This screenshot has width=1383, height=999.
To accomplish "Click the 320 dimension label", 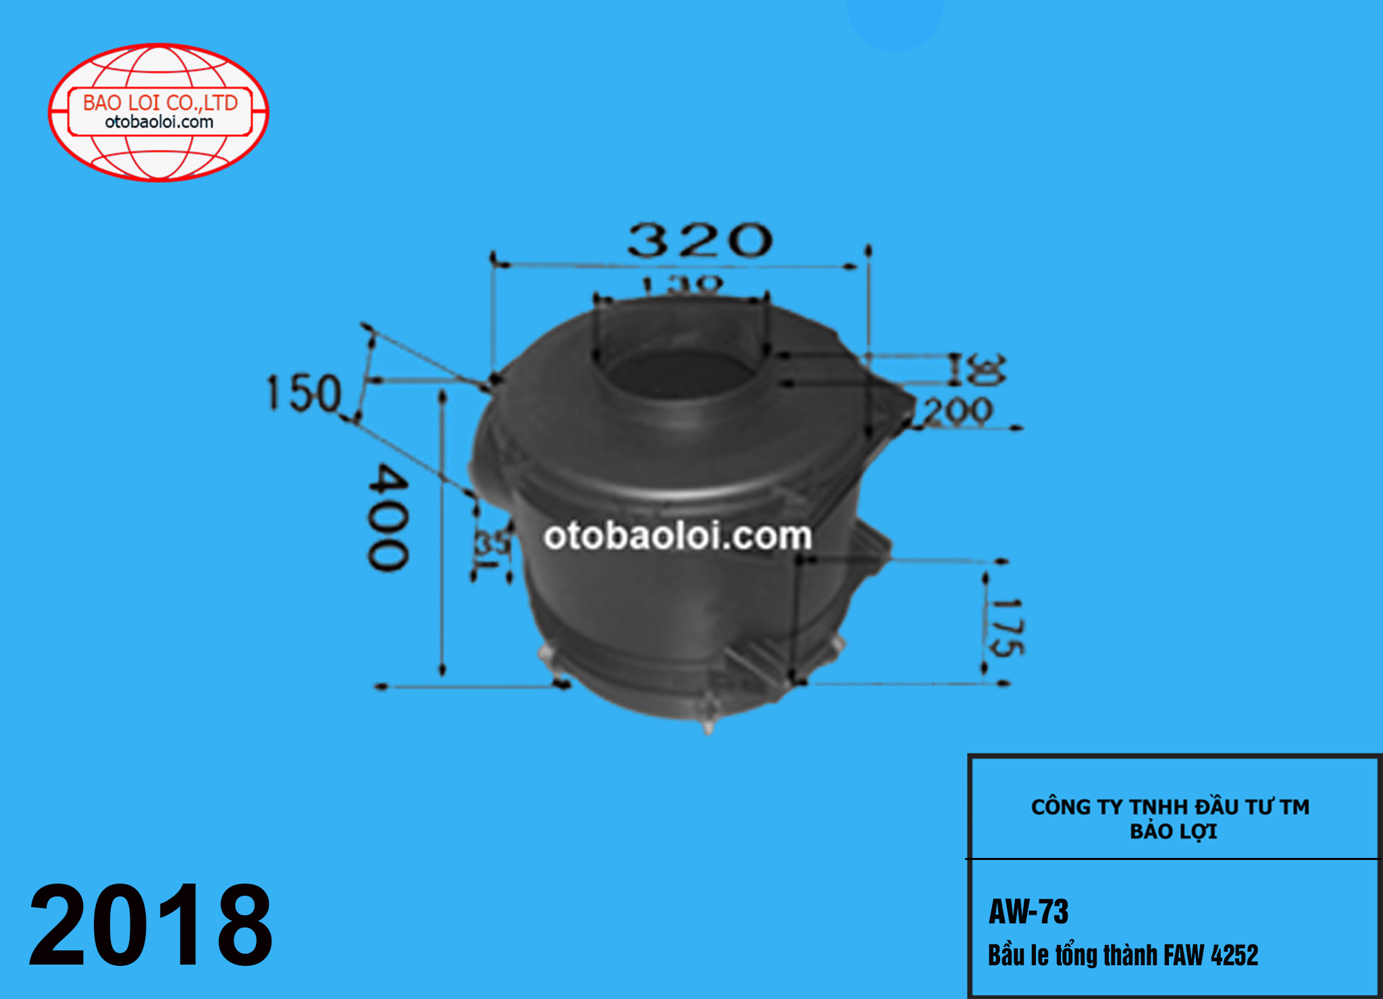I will pyautogui.click(x=700, y=240).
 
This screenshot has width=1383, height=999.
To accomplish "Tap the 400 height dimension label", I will pyautogui.click(x=388, y=516).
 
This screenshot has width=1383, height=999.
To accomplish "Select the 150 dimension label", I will pyautogui.click(x=304, y=393).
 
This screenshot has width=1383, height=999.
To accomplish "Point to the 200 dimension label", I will pyautogui.click(x=958, y=411).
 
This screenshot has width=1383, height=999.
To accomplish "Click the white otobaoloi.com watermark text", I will pyautogui.click(x=677, y=536).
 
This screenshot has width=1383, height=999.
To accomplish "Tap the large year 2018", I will pyautogui.click(x=151, y=926).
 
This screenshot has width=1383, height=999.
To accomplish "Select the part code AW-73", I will pyautogui.click(x=1028, y=912).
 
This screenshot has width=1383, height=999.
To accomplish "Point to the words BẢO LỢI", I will pyautogui.click(x=1174, y=832).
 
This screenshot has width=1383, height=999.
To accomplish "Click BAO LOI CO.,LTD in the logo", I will pyautogui.click(x=160, y=103).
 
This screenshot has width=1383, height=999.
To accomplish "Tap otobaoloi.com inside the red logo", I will pyautogui.click(x=159, y=122).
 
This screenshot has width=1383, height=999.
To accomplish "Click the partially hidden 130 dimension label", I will pyautogui.click(x=682, y=284).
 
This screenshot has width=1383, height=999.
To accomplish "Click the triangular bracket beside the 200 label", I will pyautogui.click(x=895, y=405).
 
